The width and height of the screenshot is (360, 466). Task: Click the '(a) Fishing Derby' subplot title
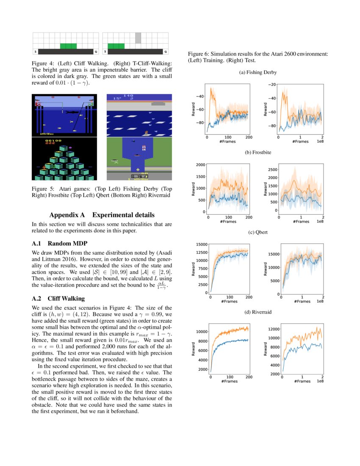pos(258,72)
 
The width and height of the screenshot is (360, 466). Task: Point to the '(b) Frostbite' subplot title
pos(258,151)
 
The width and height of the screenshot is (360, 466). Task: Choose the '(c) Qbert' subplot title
pos(258,232)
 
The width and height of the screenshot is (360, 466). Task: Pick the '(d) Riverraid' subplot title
pos(258,312)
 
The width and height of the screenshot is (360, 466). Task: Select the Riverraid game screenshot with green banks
pos(139,159)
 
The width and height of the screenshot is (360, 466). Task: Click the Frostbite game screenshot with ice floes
pos(139,115)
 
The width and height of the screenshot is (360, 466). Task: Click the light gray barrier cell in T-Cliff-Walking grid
pos(138,38)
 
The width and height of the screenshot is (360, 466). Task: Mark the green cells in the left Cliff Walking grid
pos(69,46)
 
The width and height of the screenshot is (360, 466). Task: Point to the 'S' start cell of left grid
pos(35,51)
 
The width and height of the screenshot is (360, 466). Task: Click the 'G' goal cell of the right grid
pos(166,51)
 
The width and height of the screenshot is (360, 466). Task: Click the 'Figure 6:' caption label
pos(199,55)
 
